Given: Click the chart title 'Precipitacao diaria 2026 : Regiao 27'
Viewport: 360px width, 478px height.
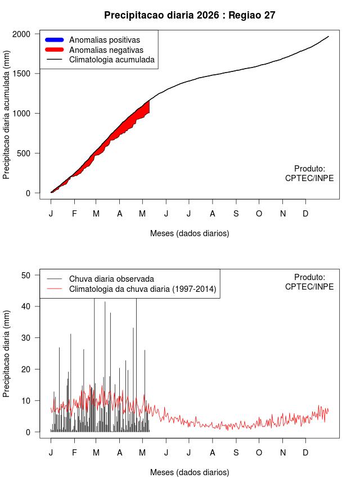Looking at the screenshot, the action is (x=190, y=15).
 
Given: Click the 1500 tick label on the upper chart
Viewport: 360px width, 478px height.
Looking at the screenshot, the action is (x=21, y=74).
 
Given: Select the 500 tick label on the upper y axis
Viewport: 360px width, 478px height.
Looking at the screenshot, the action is (x=24, y=153).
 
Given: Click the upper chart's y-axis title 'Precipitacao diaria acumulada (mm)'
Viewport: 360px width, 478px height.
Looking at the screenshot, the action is (x=6, y=115).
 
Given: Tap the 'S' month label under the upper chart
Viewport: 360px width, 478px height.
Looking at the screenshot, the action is (x=236, y=214).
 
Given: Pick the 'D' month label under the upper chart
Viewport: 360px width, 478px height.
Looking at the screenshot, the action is (x=305, y=214).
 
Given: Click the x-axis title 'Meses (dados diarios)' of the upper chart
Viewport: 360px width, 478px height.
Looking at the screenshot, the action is (x=190, y=233).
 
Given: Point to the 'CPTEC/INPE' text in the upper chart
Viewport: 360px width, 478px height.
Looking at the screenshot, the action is (x=309, y=178).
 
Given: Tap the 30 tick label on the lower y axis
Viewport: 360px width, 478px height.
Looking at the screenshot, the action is (x=26, y=338).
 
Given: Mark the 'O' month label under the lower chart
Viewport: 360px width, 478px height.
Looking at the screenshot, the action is (x=259, y=453).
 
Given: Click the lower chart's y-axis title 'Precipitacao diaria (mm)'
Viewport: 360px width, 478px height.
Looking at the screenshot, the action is (x=6, y=354).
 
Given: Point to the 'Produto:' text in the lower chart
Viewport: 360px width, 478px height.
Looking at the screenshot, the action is (x=310, y=277).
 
